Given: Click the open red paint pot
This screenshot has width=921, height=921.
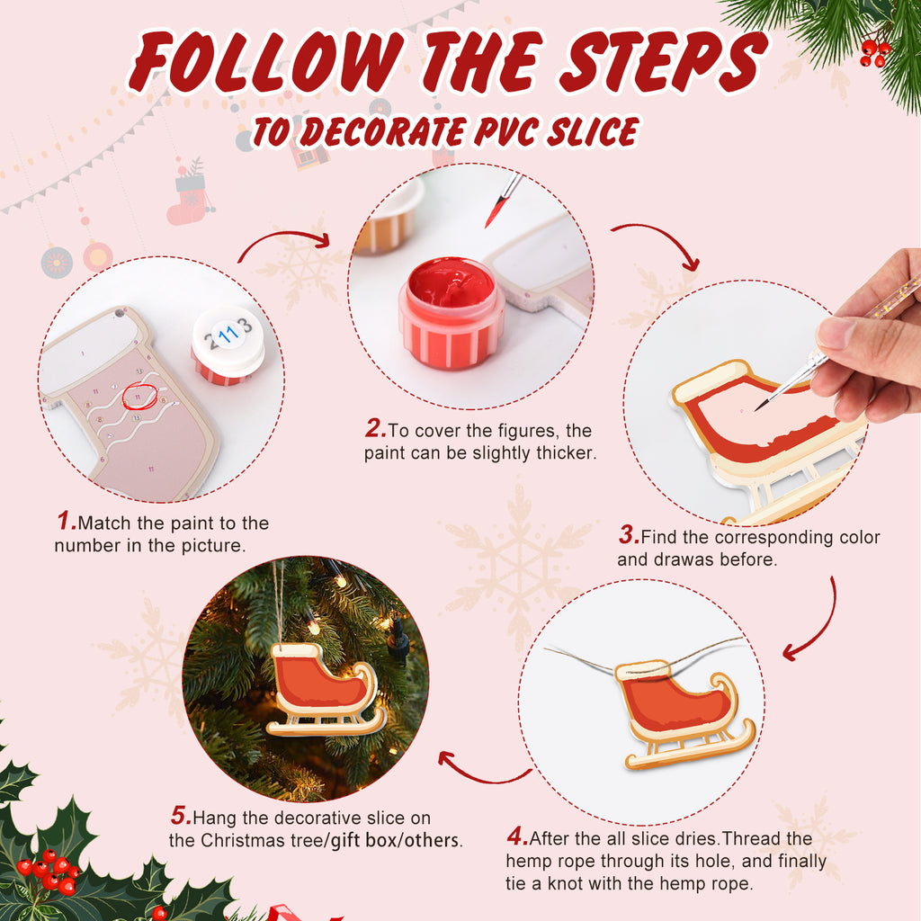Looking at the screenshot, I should (x=451, y=311).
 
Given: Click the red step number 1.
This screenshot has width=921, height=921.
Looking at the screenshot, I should (x=66, y=521).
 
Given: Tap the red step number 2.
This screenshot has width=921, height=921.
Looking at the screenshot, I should (x=375, y=429).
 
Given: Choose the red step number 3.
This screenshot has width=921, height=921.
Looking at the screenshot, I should (x=628, y=536).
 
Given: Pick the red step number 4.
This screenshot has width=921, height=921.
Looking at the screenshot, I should (x=516, y=837).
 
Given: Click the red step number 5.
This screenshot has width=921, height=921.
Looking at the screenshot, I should (x=180, y=817).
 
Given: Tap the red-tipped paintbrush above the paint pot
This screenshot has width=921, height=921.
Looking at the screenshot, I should (x=503, y=200).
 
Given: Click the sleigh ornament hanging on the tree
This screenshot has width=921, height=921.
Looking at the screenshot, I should (x=324, y=688).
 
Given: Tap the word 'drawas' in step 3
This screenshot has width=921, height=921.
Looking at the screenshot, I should (x=682, y=559).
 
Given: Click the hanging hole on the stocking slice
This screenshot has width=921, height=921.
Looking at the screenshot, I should (x=118, y=317).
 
